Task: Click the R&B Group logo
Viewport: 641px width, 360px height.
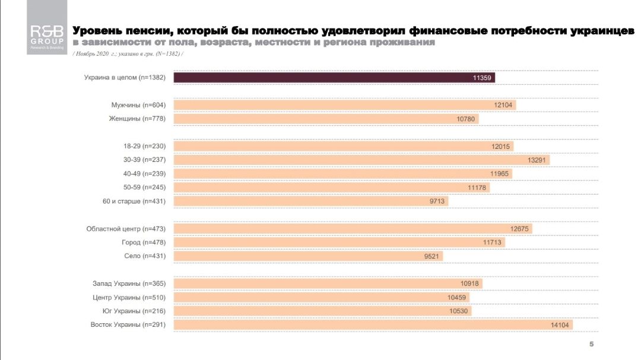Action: pos(47,35)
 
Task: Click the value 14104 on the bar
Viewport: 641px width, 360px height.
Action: pos(561,324)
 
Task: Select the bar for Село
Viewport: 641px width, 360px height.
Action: pos(308,256)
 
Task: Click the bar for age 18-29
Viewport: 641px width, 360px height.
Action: pos(343,146)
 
